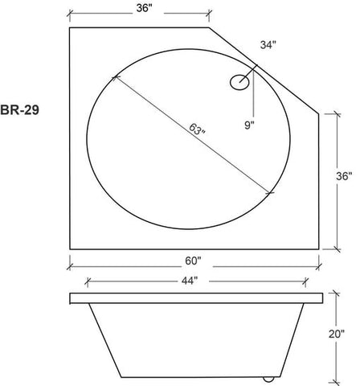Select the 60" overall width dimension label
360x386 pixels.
pyautogui.click(x=193, y=261)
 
